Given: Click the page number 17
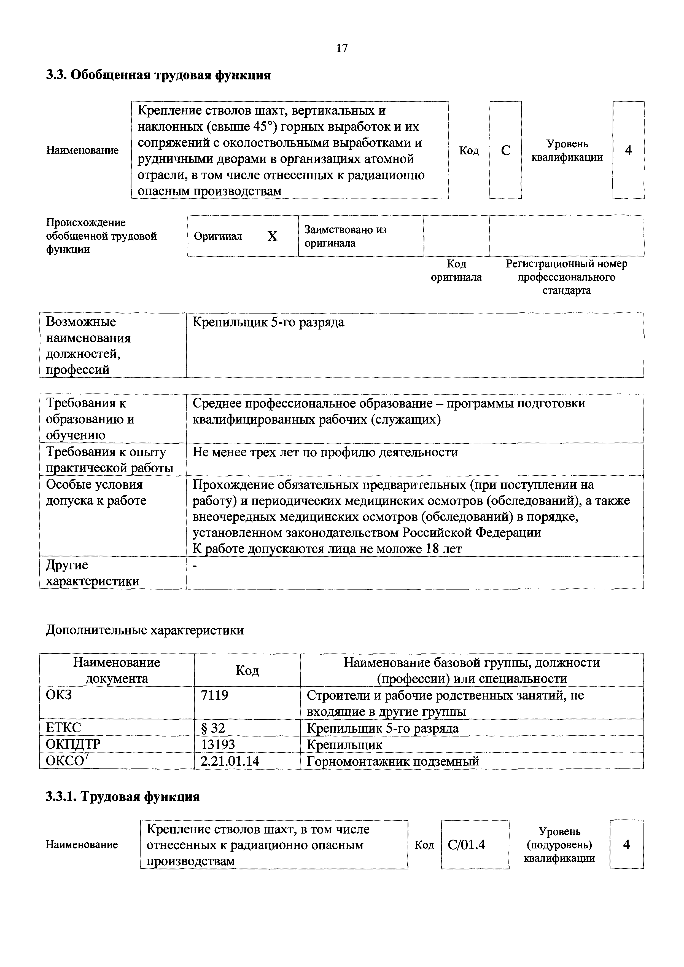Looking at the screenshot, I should (x=341, y=49).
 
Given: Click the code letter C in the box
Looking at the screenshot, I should (x=505, y=151).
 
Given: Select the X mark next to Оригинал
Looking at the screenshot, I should (x=273, y=236).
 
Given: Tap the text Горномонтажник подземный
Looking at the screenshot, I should (x=392, y=761).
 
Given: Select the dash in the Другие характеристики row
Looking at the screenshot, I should (x=195, y=567).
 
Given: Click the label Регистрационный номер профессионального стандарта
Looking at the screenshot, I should (x=566, y=277).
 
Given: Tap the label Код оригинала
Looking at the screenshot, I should (x=456, y=270).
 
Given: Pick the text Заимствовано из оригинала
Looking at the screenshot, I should (x=345, y=236).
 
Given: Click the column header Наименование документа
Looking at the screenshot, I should (x=117, y=670).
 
